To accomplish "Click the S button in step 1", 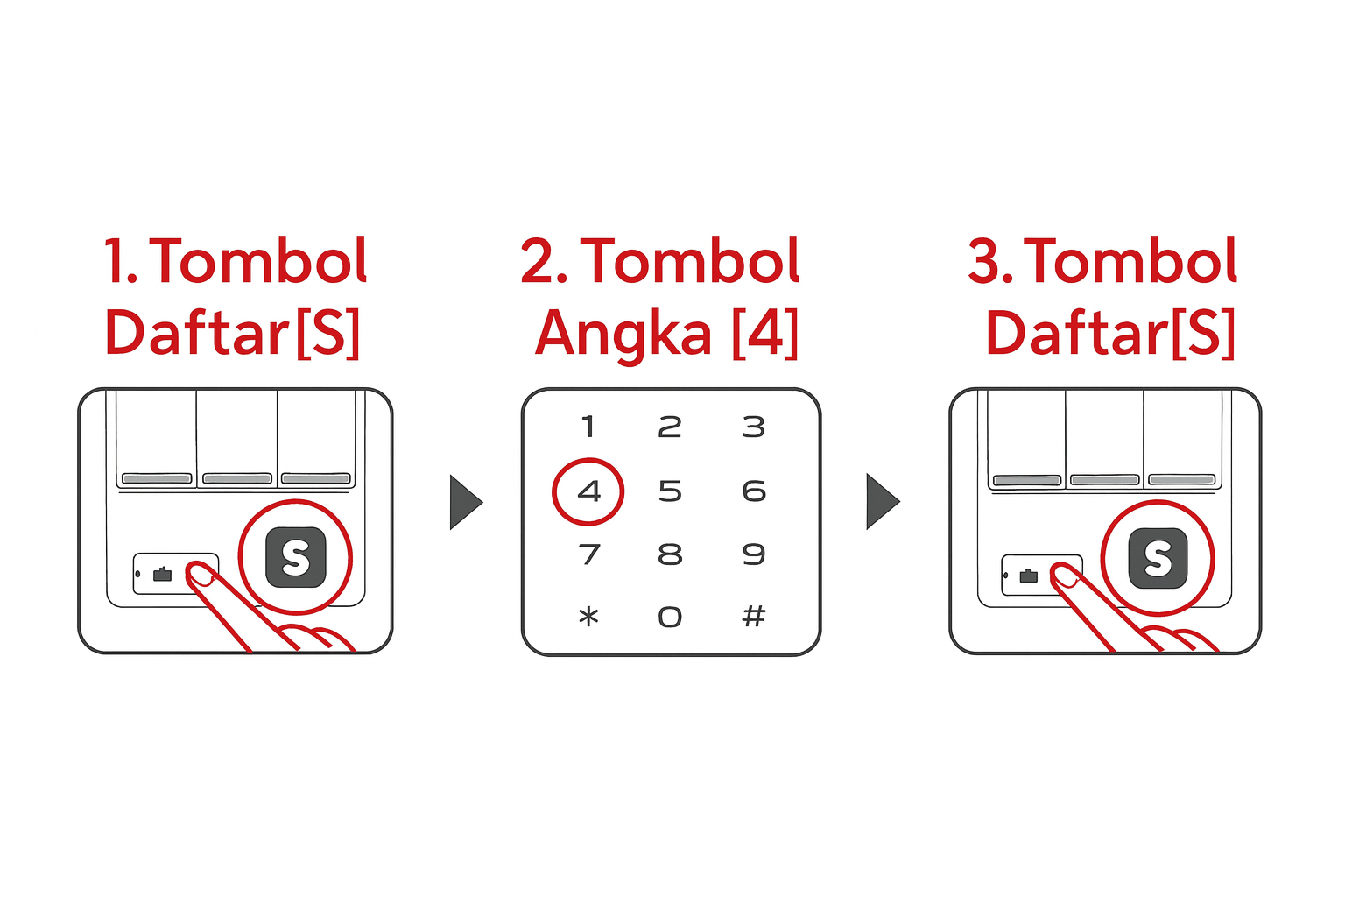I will [x=296, y=557].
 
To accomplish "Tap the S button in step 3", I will [x=1158, y=558].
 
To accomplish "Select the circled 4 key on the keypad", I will [x=588, y=491].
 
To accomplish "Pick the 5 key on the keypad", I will [x=670, y=491].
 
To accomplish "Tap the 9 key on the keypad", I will [x=753, y=554].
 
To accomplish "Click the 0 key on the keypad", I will [x=670, y=618].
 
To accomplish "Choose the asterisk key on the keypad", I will [x=588, y=618].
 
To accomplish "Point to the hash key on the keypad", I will [x=753, y=617].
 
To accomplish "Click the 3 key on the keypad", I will [x=753, y=427].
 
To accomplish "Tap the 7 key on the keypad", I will [x=588, y=554].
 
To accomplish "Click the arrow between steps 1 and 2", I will [x=466, y=503].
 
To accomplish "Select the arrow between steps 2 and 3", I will [x=883, y=502].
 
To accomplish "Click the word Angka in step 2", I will [x=623, y=335].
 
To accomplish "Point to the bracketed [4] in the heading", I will [x=765, y=334].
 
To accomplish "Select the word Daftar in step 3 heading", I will [x=1077, y=335].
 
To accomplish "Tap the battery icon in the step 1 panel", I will [x=162, y=575].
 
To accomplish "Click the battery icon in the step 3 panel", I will [x=1028, y=576].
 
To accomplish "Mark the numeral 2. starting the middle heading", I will [x=544, y=262].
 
